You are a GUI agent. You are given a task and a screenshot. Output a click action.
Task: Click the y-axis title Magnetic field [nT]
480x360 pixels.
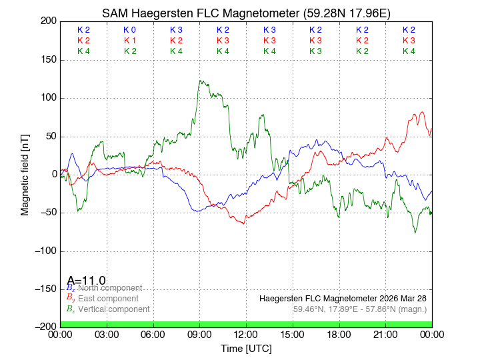pyautogui.click(x=25, y=173)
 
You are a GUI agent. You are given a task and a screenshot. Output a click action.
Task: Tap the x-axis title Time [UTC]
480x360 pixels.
pyautogui.click(x=246, y=349)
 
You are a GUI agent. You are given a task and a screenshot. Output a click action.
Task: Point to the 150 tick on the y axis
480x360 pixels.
pyautogui.click(x=48, y=60)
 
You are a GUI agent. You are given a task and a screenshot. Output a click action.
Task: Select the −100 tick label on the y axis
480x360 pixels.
pyautogui.click(x=44, y=251)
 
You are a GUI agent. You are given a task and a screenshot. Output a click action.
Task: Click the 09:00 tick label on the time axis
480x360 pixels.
pyautogui.click(x=200, y=334)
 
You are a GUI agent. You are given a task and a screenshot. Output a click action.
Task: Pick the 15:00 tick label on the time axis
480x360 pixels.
pyautogui.click(x=293, y=334)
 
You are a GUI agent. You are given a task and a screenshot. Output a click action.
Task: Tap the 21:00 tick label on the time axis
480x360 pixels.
pyautogui.click(x=385, y=334)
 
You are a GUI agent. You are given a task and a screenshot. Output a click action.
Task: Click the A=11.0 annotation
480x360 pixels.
pyautogui.click(x=86, y=281)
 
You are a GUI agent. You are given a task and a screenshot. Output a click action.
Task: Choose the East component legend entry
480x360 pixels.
pyautogui.click(x=106, y=299)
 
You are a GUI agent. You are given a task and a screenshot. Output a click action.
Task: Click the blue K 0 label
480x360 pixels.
pyautogui.click(x=129, y=30)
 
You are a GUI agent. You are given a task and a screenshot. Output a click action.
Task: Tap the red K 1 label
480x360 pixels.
pyautogui.click(x=129, y=41)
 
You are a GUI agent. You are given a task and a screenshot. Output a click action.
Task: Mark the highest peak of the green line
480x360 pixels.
pyautogui.click(x=200, y=81)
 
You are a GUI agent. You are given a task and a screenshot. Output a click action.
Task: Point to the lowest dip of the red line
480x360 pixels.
pyautogui.click(x=243, y=223)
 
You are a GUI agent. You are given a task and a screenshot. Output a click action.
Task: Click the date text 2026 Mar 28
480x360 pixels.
pyautogui.click(x=401, y=298)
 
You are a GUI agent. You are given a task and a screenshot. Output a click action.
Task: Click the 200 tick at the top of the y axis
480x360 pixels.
pyautogui.click(x=48, y=21)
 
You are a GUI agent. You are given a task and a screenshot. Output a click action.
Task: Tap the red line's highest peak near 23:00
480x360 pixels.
pyautogui.click(x=421, y=112)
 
